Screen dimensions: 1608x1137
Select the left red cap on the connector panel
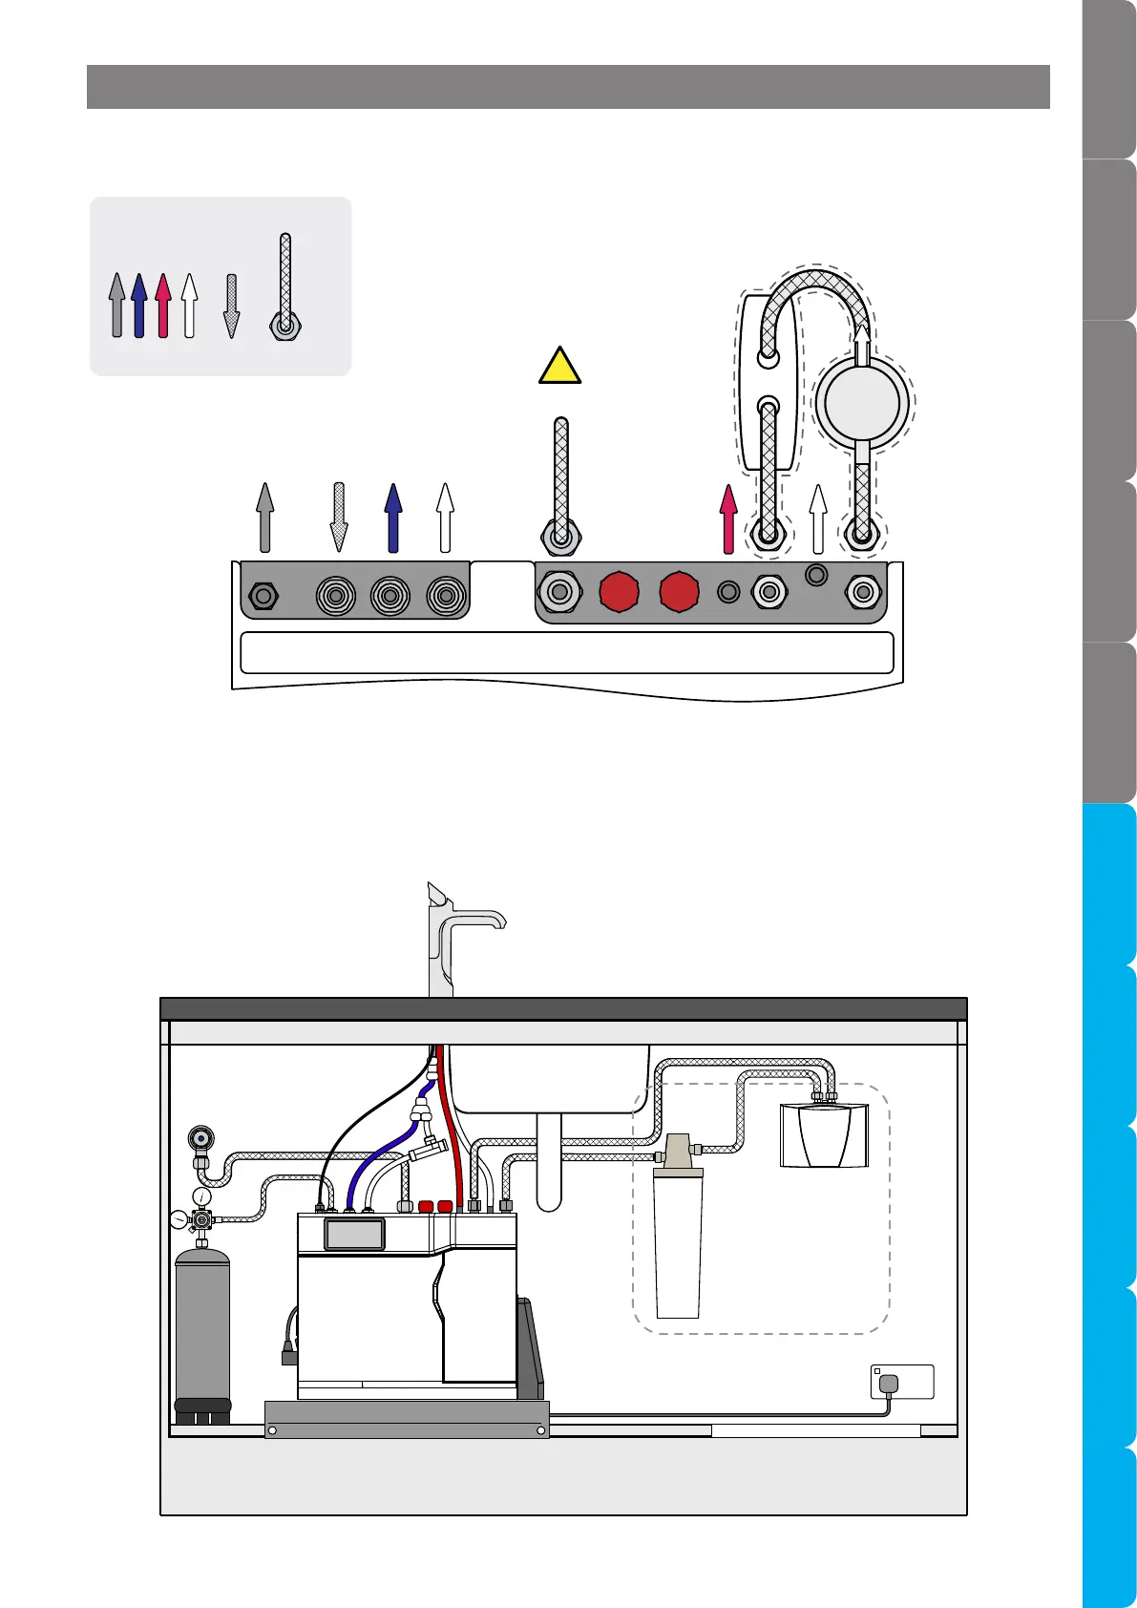(620, 592)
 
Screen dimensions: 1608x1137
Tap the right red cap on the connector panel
(679, 592)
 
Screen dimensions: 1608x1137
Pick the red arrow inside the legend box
(163, 306)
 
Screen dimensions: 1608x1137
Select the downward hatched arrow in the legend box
(231, 306)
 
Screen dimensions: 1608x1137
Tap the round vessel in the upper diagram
(862, 401)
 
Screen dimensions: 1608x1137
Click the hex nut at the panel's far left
(268, 597)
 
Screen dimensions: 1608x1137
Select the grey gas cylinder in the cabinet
(202, 1327)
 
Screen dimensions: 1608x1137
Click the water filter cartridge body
(678, 1246)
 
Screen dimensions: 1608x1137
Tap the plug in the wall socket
(888, 1384)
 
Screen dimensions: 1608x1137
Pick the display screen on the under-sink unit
(354, 1234)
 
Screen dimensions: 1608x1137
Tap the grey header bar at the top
(568, 87)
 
